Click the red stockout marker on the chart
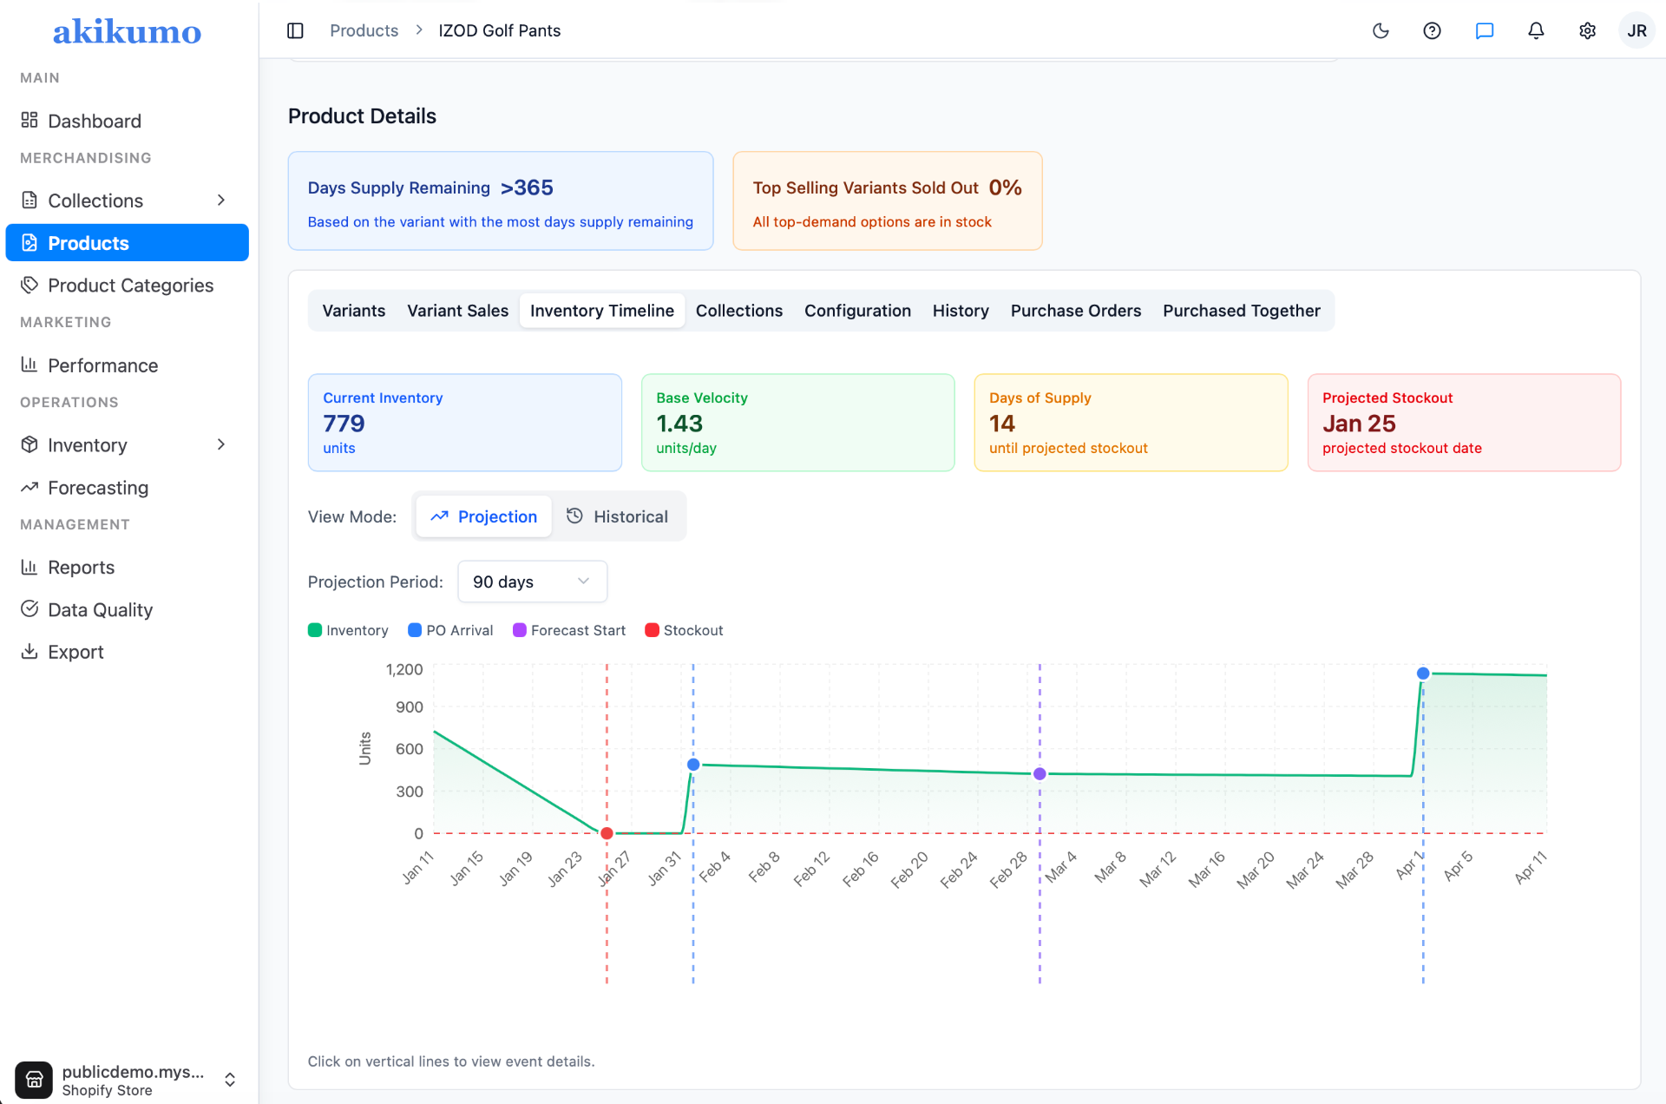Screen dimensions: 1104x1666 pos(607,833)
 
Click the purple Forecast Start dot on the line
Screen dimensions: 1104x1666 pos(1040,773)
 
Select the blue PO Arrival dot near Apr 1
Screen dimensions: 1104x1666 pos(1423,674)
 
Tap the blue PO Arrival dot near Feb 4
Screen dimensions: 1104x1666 pos(693,765)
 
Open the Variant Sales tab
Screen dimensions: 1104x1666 pos(457,311)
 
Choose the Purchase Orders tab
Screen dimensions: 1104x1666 pos(1075,311)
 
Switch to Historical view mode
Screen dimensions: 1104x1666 pos(617,516)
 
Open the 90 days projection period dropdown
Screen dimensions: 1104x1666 pos(532,582)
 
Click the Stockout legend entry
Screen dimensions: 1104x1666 pos(684,630)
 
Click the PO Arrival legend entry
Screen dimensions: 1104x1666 pos(450,630)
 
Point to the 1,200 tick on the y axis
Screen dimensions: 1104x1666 pos(404,669)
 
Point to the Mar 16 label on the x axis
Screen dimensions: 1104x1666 pos(1207,869)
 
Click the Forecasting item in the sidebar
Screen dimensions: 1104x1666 pos(98,488)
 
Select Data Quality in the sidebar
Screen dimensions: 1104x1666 pos(100,610)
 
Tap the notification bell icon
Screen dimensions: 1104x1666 pos(1536,31)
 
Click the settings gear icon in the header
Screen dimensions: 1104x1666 pos(1587,31)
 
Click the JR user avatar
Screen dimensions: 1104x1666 pos(1636,31)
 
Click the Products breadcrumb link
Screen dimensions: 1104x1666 pos(364,30)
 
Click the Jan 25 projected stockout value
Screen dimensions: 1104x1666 pos(1359,424)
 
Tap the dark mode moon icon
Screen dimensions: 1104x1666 pos(1381,31)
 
